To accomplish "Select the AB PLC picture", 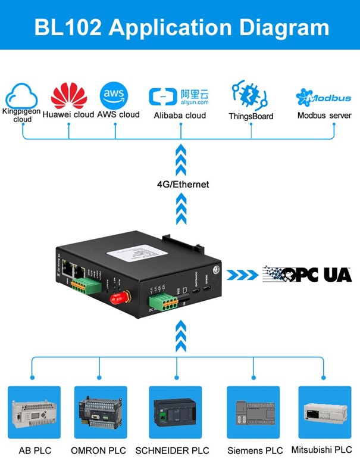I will (x=34, y=413).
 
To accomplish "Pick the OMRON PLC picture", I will (x=100, y=413).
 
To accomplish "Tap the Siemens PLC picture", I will (x=253, y=413).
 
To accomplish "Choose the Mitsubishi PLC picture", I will (x=324, y=413).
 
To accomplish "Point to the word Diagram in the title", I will (x=280, y=27).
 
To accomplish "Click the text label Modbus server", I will (x=324, y=116).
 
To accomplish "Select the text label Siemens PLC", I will (x=255, y=450).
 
